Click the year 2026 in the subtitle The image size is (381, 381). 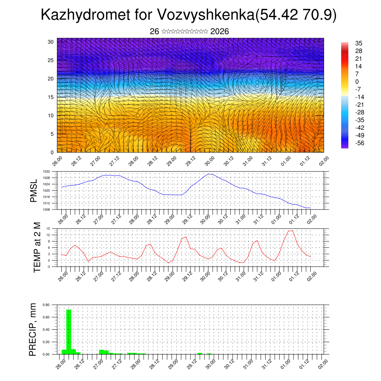coord(219,32)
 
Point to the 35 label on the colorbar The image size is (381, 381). coord(359,43)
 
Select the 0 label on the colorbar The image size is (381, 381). coord(357,81)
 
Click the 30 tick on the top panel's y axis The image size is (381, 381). coord(51,41)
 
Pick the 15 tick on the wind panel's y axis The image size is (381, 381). coord(51,97)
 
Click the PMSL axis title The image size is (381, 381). coord(34,191)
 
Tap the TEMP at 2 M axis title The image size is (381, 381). coord(37,247)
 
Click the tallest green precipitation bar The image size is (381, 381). coord(68,331)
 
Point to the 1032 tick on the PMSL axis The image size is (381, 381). coord(46,172)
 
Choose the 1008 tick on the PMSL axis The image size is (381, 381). coord(46,209)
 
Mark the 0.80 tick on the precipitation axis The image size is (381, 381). coord(46,305)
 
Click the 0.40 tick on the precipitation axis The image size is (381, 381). coord(46,330)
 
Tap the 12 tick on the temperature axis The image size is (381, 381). coord(48,235)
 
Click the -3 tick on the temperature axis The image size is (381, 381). coord(48,267)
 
